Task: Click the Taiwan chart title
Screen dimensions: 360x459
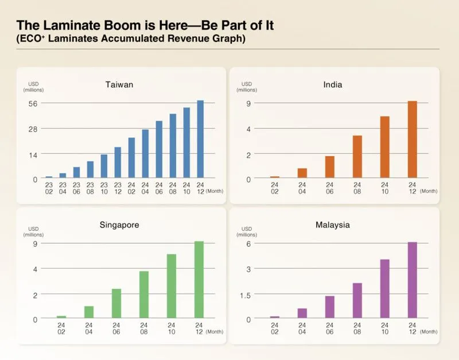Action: point(119,85)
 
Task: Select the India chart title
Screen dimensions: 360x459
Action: point(332,85)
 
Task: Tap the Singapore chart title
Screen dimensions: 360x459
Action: point(119,224)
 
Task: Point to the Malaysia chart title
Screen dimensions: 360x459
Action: point(332,224)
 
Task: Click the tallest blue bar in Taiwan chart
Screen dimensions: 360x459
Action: point(200,139)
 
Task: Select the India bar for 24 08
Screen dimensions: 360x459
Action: point(357,156)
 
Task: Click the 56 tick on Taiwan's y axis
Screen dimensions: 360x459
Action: point(33,103)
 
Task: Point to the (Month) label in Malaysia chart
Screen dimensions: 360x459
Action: point(429,331)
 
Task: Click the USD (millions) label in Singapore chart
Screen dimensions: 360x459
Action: point(33,231)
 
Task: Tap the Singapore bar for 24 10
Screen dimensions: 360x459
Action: point(172,285)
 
